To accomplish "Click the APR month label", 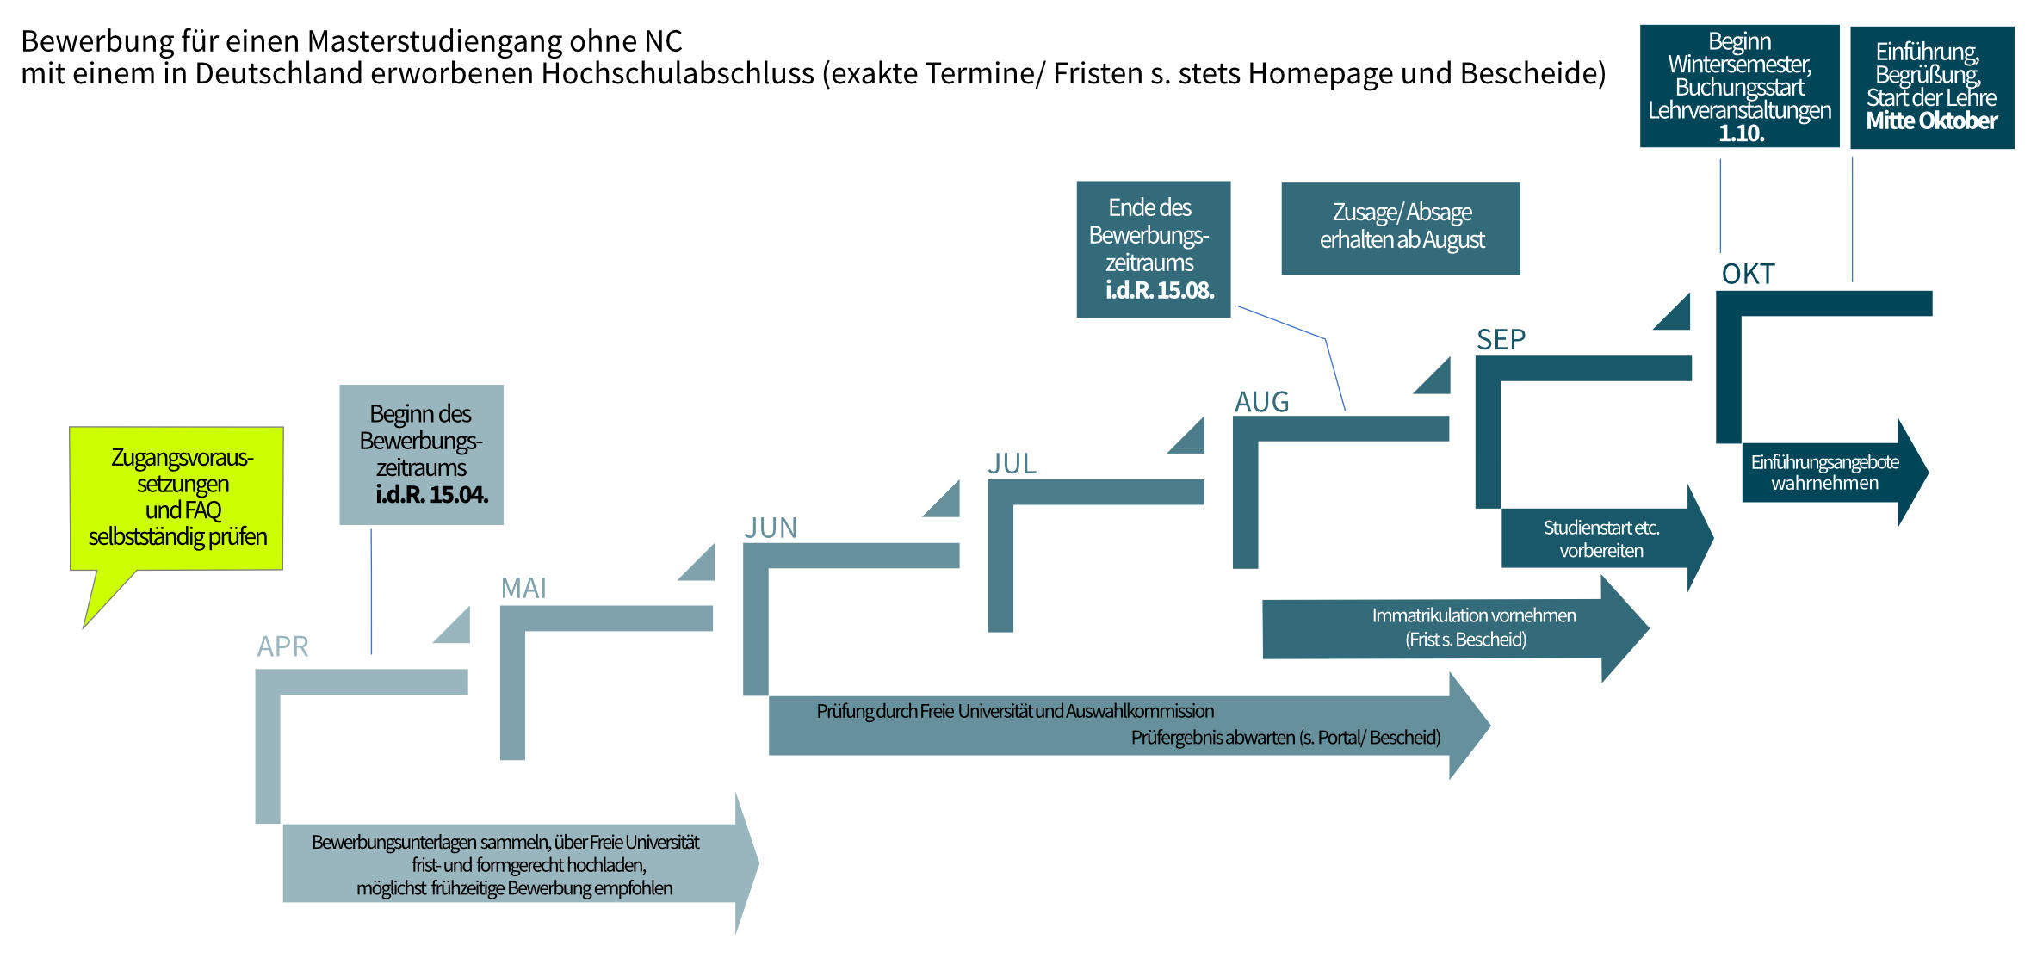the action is point(282,646).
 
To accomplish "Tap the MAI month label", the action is point(523,588).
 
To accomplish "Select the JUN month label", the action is point(771,528).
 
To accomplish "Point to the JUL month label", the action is point(1012,464).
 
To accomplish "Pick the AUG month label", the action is point(1261,402).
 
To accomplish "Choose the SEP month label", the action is point(1501,340).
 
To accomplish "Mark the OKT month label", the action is point(1748,274).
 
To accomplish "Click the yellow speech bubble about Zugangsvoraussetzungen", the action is point(176,498).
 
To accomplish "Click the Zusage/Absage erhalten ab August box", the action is point(1401,228).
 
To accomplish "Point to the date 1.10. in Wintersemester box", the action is point(1741,133).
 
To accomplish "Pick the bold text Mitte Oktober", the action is point(1931,121).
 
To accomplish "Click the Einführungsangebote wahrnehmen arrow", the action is point(1835,473).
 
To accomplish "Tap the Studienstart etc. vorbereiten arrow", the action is point(1607,538).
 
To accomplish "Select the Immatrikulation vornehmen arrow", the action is point(1455,628).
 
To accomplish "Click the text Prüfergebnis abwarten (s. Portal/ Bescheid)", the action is point(1285,738).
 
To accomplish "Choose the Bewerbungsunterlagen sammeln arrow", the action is point(521,863).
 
